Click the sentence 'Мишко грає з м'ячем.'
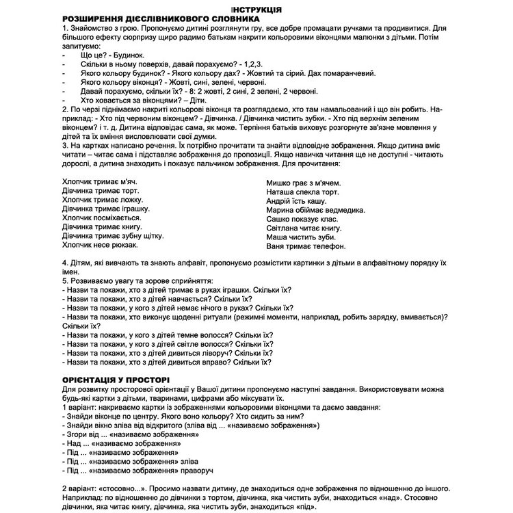(x=304, y=183)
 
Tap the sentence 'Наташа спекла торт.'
(x=302, y=193)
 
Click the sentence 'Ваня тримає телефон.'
(x=306, y=246)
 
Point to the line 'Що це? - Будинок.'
(x=111, y=54)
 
